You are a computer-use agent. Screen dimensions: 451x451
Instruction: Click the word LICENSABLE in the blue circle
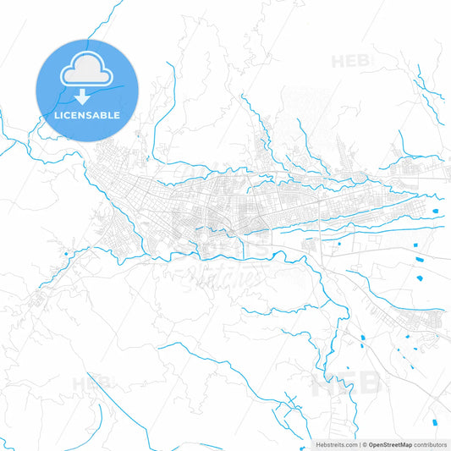[x=87, y=114]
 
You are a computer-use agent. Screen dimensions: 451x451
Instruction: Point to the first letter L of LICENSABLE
[x=57, y=114]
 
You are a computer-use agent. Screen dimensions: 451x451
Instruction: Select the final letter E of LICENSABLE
[x=117, y=114]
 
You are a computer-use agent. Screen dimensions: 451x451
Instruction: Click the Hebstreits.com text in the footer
[x=335, y=444]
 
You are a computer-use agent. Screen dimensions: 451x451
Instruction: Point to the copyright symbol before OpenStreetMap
[x=365, y=444]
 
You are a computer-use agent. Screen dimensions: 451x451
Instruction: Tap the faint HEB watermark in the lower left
[x=91, y=383]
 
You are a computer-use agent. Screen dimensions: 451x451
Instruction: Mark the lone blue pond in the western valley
[x=65, y=251]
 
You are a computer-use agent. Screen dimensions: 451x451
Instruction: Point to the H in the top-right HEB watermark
[x=338, y=62]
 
